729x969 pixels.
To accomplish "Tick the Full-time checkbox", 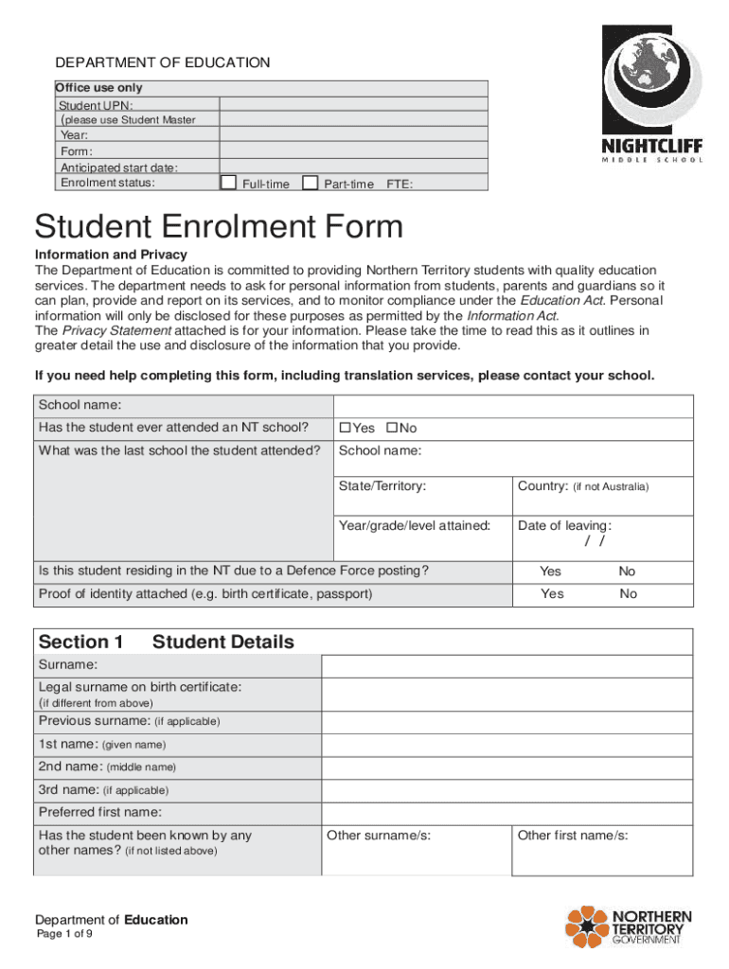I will [227, 183].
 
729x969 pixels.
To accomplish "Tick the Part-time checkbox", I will [310, 183].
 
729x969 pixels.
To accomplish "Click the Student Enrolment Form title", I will [219, 227].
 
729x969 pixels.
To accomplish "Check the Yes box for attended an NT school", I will [346, 429].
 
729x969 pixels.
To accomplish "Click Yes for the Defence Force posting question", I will [550, 572].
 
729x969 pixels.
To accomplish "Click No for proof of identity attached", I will [628, 594].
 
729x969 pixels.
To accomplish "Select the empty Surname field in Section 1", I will [507, 665].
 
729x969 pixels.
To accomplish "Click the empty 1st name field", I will [507, 744].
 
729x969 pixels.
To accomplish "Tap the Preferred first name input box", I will [507, 812].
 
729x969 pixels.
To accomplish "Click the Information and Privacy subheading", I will [111, 255].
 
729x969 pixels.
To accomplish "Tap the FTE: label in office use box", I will [400, 185].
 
